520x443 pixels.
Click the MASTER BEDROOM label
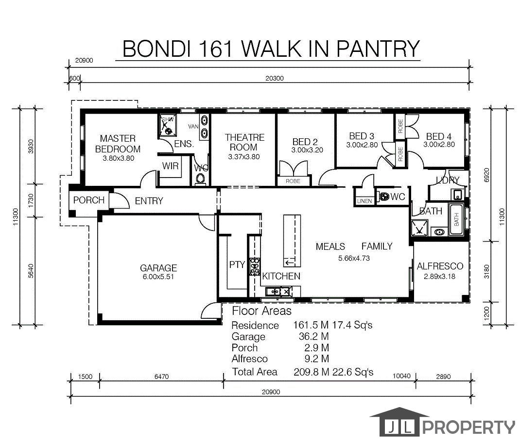[x=118, y=144]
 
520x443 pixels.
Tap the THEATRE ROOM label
[x=244, y=142]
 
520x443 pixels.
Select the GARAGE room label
[x=158, y=268]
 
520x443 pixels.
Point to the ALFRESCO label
[x=440, y=266]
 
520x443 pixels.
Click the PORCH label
[x=88, y=200]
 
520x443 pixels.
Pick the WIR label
[x=170, y=166]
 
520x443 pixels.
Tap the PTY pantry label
[x=237, y=264]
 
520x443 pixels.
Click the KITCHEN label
[x=281, y=276]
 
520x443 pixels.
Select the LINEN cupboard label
[x=364, y=201]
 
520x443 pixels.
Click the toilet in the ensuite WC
[x=200, y=180]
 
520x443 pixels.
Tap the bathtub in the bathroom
[x=456, y=219]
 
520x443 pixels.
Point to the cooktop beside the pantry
[x=255, y=267]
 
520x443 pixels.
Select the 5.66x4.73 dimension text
[x=354, y=258]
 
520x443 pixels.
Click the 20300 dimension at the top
[x=275, y=79]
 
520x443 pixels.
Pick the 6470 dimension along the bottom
[x=161, y=377]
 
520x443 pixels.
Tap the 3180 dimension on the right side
[x=486, y=272]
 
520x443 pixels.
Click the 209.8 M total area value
[x=311, y=372]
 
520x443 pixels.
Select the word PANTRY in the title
[x=378, y=49]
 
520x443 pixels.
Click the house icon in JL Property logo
[x=399, y=422]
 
